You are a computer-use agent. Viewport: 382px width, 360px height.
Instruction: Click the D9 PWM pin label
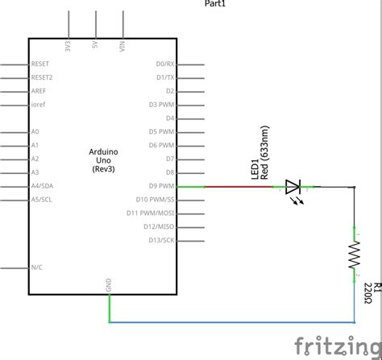coord(162,186)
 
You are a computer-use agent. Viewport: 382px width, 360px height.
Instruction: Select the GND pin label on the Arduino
coord(109,284)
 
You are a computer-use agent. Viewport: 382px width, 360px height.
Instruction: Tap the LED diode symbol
coord(293,188)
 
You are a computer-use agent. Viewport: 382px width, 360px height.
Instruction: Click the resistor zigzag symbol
coord(354,256)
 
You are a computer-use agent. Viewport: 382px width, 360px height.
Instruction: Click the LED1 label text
coord(256,170)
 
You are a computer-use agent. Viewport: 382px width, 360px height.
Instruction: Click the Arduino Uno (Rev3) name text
coord(103,160)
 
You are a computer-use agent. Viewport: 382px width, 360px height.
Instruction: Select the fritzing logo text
coord(337,346)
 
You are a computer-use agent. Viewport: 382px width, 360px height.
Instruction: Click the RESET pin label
coord(40,64)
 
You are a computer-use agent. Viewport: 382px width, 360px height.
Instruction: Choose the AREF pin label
coord(39,91)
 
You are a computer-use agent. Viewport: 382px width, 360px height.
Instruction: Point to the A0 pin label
coord(35,131)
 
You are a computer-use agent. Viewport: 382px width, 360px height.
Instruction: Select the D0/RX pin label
coord(164,64)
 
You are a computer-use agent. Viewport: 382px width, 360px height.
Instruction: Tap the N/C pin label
coord(36,267)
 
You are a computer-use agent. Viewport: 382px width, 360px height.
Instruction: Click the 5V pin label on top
coord(96,45)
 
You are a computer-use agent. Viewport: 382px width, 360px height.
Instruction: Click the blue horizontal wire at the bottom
coord(234,321)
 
